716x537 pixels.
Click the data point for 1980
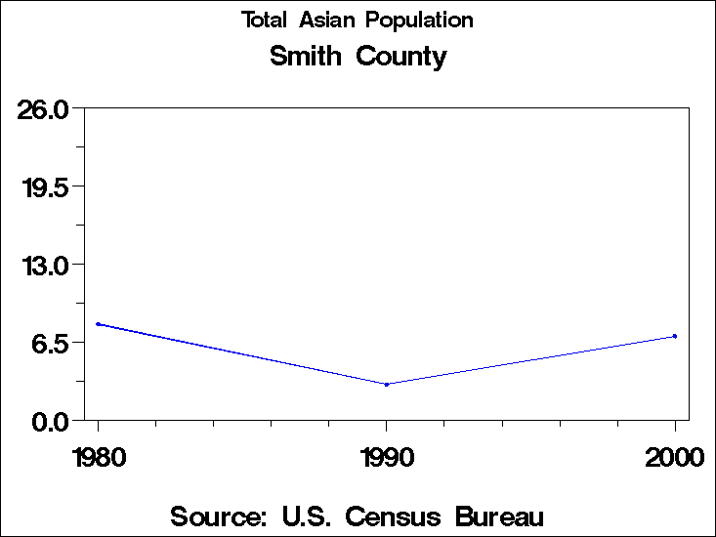(99, 324)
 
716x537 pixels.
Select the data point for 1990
(387, 385)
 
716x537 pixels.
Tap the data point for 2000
(675, 336)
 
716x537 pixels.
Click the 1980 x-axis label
(99, 458)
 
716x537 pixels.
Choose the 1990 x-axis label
(387, 458)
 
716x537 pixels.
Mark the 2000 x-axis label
(675, 458)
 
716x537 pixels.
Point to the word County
(400, 58)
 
